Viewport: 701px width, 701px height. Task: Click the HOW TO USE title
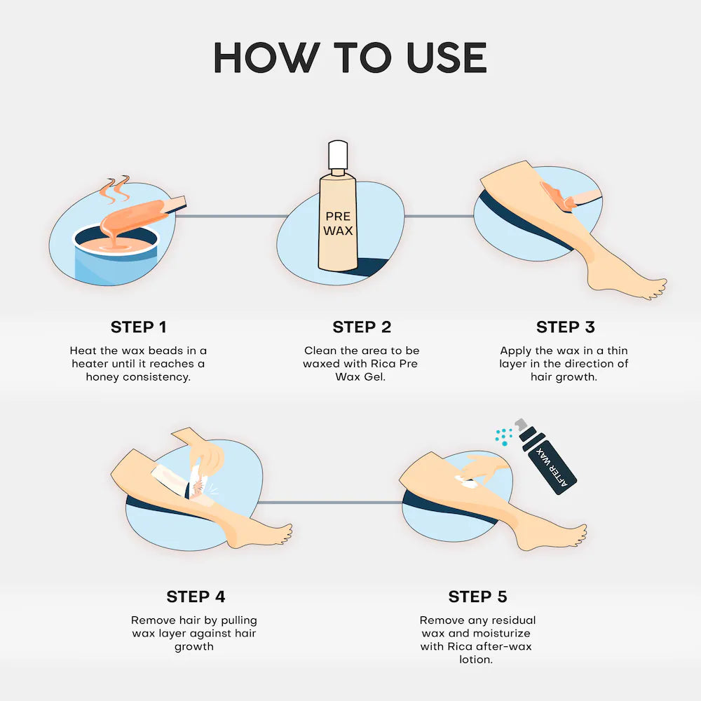[350, 57]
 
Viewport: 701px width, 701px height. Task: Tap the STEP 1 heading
[139, 327]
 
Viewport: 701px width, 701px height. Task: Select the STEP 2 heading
[362, 327]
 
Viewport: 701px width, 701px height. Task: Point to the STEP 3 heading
[566, 327]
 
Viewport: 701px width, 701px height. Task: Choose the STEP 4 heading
[196, 597]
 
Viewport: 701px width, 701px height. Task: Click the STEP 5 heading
[477, 597]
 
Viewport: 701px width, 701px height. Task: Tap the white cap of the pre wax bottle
[338, 155]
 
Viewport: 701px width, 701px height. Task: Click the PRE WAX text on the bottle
[338, 223]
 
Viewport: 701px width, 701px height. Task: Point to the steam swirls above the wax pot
[115, 189]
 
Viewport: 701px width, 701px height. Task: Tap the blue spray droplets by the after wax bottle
[504, 436]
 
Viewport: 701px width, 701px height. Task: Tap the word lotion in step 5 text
[476, 659]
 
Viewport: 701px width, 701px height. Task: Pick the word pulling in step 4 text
[239, 620]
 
